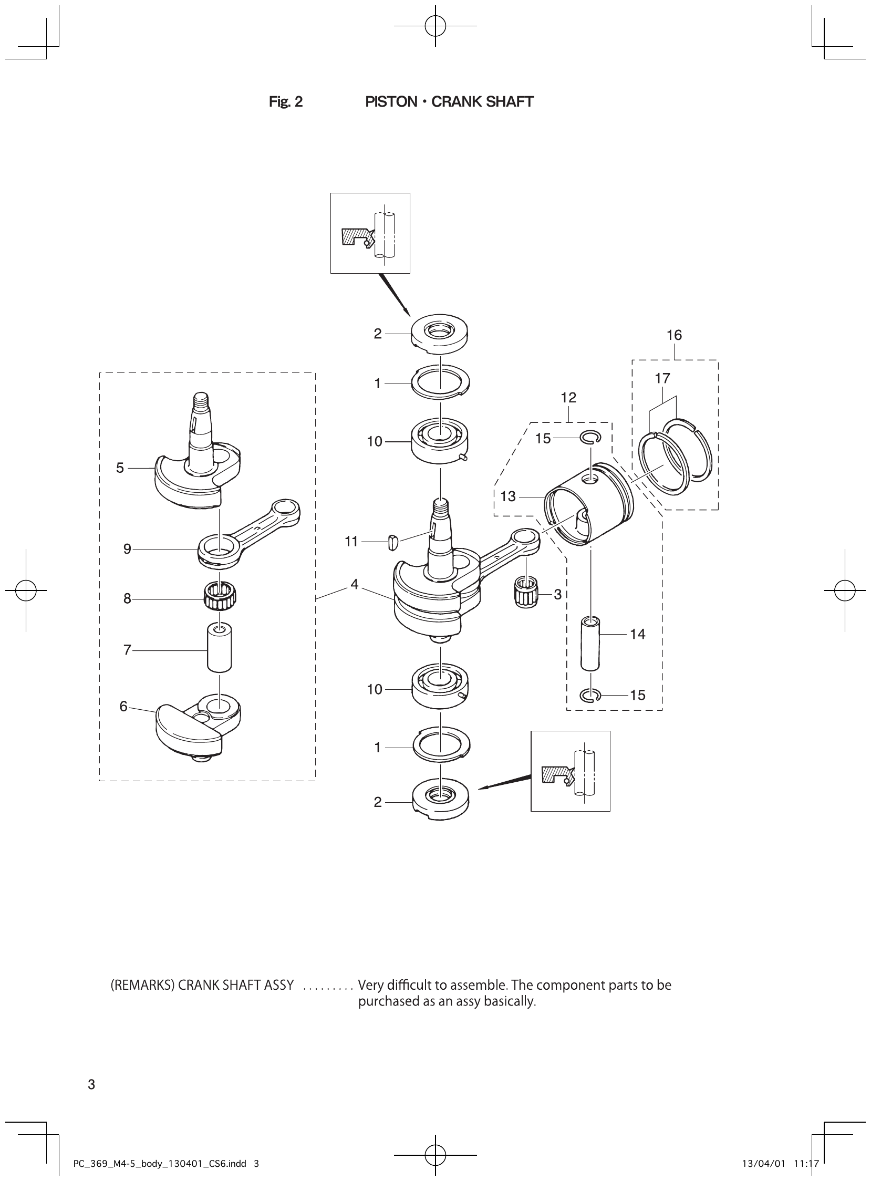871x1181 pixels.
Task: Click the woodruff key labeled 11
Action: click(391, 542)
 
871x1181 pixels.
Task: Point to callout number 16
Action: click(674, 335)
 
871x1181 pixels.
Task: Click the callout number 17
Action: click(662, 378)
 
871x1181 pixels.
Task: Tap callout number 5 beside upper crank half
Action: click(120, 468)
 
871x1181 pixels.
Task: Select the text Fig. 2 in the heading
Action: click(286, 102)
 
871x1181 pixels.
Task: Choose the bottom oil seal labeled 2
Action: click(440, 801)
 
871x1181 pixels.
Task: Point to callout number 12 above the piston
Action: click(568, 398)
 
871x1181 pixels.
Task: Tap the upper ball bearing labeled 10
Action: click(440, 441)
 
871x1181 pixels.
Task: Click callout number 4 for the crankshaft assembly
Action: click(354, 584)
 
